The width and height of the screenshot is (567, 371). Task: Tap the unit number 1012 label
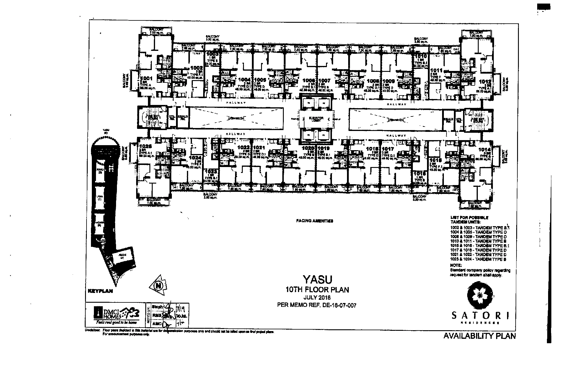click(485, 82)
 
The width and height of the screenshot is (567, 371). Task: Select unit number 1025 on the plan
click(146, 146)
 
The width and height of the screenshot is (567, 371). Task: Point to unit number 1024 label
click(196, 158)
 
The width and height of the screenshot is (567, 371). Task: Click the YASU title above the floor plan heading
click(317, 279)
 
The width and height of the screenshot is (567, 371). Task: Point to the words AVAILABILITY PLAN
click(480, 336)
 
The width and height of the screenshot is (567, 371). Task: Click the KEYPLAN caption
click(100, 291)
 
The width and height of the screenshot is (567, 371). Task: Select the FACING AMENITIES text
click(315, 221)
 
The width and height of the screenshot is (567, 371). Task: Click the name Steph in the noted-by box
click(157, 307)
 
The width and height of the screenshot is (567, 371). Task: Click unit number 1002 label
click(196, 68)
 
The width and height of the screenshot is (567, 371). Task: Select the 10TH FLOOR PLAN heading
click(317, 290)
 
